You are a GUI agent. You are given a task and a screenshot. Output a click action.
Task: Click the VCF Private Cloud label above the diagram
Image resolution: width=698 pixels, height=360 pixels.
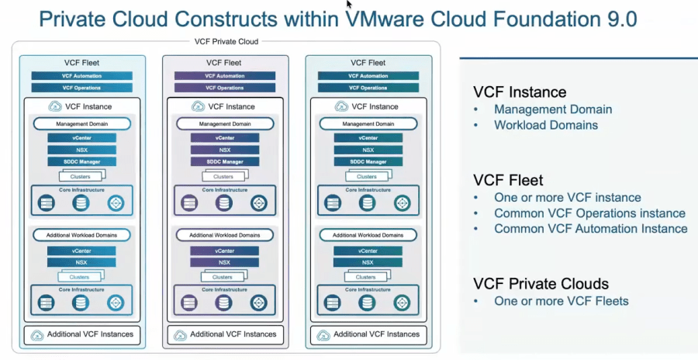(226, 42)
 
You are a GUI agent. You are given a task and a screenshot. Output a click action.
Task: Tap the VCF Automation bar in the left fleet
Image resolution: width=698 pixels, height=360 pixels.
(81, 76)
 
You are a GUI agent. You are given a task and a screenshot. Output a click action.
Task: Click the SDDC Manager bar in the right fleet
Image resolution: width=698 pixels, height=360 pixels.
(368, 161)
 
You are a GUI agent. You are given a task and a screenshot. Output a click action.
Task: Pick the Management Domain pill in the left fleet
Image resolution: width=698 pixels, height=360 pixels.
(81, 123)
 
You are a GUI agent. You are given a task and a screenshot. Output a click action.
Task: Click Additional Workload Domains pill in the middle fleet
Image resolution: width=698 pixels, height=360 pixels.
(225, 235)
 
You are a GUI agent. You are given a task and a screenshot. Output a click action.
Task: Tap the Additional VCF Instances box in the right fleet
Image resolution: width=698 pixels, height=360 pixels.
(368, 334)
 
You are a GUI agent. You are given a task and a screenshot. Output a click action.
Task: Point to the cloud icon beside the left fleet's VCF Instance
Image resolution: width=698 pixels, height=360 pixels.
(55, 106)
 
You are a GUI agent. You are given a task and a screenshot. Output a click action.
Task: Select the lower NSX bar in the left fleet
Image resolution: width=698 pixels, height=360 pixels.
(81, 262)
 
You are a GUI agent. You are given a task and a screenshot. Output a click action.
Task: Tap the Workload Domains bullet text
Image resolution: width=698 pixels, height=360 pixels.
(546, 125)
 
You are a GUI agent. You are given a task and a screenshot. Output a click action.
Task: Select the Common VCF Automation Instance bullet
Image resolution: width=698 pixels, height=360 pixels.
(591, 229)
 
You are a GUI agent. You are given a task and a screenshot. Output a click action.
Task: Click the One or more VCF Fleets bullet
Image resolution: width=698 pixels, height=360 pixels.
(562, 301)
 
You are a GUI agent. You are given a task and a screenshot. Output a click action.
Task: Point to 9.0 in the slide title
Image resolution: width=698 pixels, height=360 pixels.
(617, 18)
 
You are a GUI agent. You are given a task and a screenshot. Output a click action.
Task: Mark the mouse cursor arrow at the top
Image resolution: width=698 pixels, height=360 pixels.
(349, 5)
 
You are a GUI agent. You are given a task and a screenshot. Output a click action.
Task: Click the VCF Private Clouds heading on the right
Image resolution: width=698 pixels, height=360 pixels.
(541, 283)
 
